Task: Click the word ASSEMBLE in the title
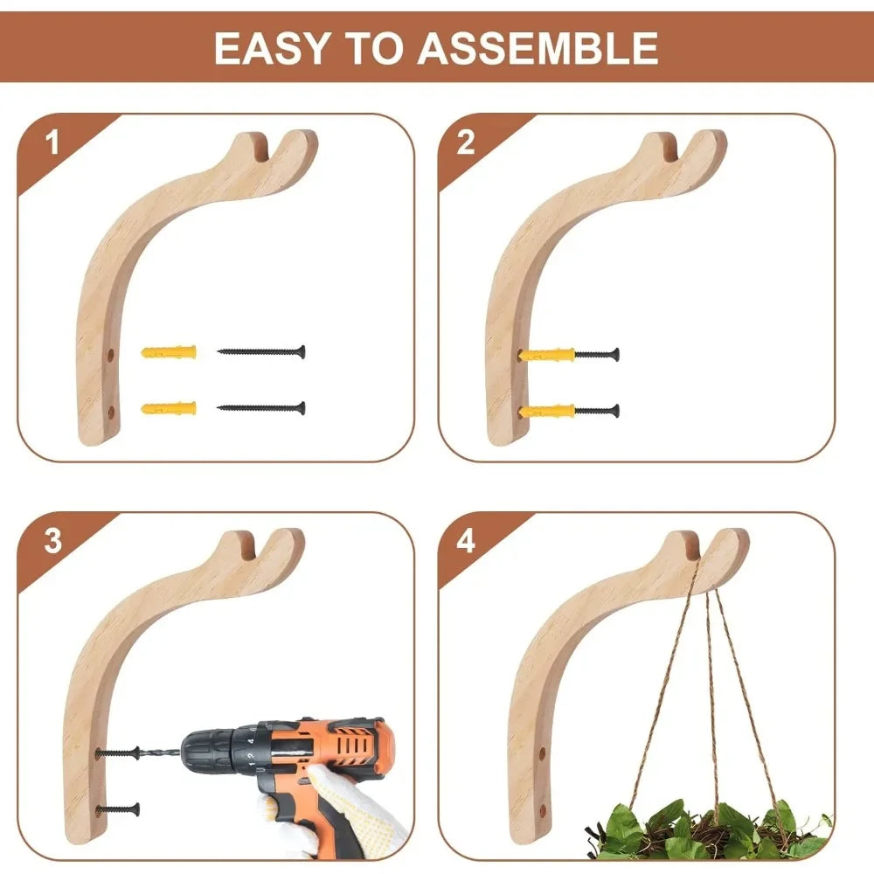point(538,48)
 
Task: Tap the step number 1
point(53,142)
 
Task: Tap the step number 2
point(466,142)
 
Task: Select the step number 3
point(53,541)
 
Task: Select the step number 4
point(466,541)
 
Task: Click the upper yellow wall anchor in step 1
point(168,352)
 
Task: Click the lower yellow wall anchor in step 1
point(168,408)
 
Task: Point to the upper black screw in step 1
point(261,352)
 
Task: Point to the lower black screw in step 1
point(261,408)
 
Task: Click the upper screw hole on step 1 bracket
point(111,357)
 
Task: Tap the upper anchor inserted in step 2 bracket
point(547,355)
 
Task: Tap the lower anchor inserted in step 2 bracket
point(547,411)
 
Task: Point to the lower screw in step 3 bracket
point(120,809)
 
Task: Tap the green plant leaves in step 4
point(699,830)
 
